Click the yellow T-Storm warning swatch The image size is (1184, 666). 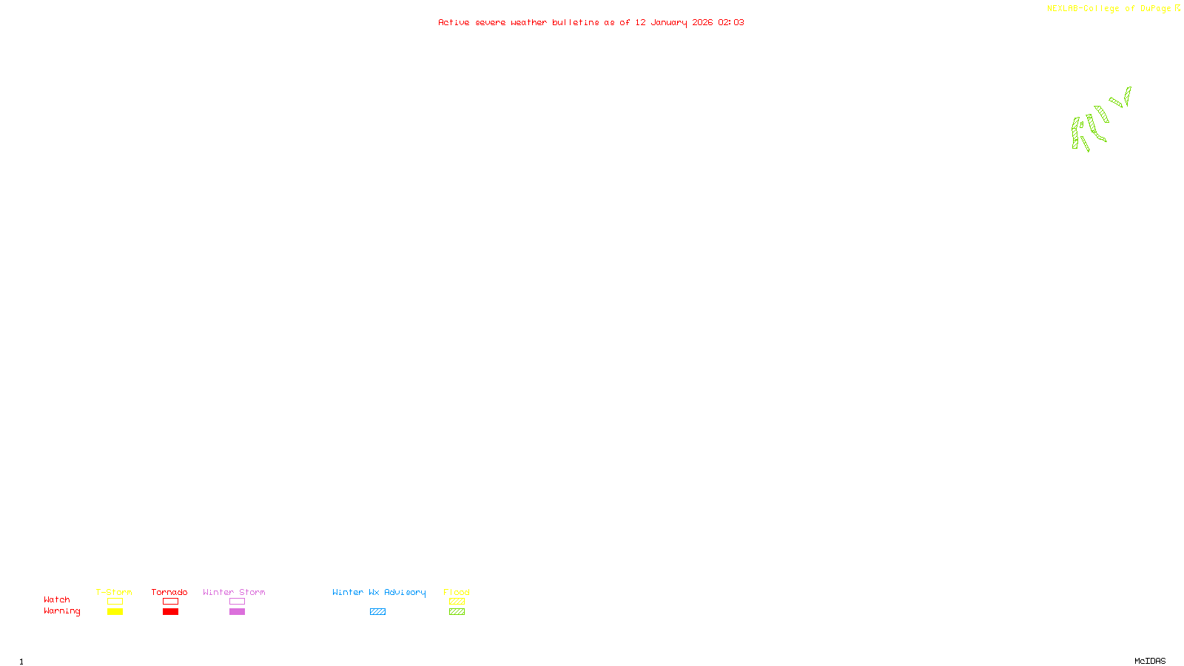pyautogui.click(x=115, y=612)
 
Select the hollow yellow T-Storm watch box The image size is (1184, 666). pyautogui.click(x=115, y=602)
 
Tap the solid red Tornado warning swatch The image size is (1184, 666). pyautogui.click(x=170, y=612)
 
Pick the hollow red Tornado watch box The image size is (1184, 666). pyautogui.click(x=170, y=602)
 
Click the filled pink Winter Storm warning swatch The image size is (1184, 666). pyautogui.click(x=237, y=612)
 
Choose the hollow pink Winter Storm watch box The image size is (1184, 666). pyautogui.click(x=237, y=602)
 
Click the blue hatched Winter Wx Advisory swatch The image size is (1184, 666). pyautogui.click(x=377, y=612)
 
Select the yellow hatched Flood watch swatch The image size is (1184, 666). pyautogui.click(x=457, y=602)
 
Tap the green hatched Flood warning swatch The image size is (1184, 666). pyautogui.click(x=457, y=612)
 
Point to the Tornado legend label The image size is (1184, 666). pyautogui.click(x=169, y=592)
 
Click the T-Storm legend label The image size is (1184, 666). pyautogui.click(x=114, y=592)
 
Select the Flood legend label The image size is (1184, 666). pyautogui.click(x=457, y=592)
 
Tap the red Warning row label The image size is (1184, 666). pyautogui.click(x=61, y=611)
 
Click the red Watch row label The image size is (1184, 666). pyautogui.click(x=57, y=599)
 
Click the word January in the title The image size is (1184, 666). pyautogui.click(x=669, y=23)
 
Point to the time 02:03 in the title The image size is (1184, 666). pyautogui.click(x=731, y=22)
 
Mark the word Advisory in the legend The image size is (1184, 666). pyautogui.click(x=405, y=592)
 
